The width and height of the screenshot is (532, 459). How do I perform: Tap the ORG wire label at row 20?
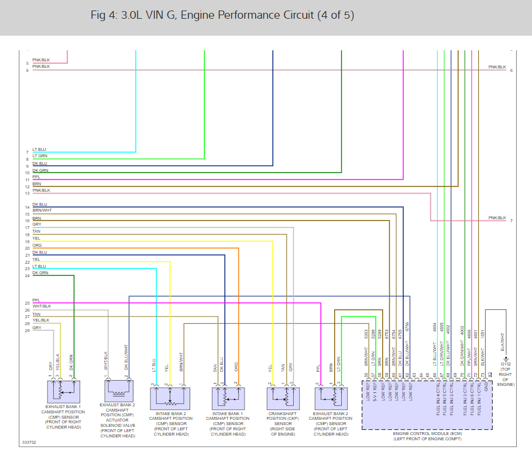(37, 246)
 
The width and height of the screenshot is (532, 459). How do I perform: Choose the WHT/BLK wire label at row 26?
(42, 306)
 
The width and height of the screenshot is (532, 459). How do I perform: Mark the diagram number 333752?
(29, 443)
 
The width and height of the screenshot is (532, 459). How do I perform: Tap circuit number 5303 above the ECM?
(367, 335)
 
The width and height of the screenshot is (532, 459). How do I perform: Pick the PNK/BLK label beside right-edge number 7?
(497, 218)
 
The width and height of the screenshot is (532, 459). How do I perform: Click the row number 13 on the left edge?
(27, 193)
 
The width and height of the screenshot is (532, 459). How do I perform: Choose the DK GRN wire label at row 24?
(40, 272)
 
